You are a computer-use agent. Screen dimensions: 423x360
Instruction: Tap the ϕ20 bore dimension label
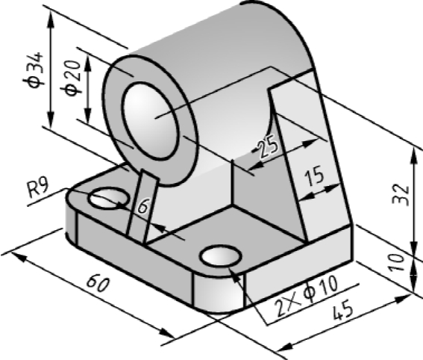click(x=72, y=78)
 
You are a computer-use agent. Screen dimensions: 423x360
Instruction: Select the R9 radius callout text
click(x=39, y=188)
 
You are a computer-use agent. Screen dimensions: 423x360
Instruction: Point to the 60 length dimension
click(x=98, y=283)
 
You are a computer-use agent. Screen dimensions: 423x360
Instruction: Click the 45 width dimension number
click(x=342, y=310)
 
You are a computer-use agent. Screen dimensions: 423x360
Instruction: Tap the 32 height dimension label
click(x=401, y=195)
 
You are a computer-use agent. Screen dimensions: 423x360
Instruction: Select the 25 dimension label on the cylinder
click(x=267, y=146)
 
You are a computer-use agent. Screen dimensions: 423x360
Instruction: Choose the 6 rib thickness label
click(x=143, y=206)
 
